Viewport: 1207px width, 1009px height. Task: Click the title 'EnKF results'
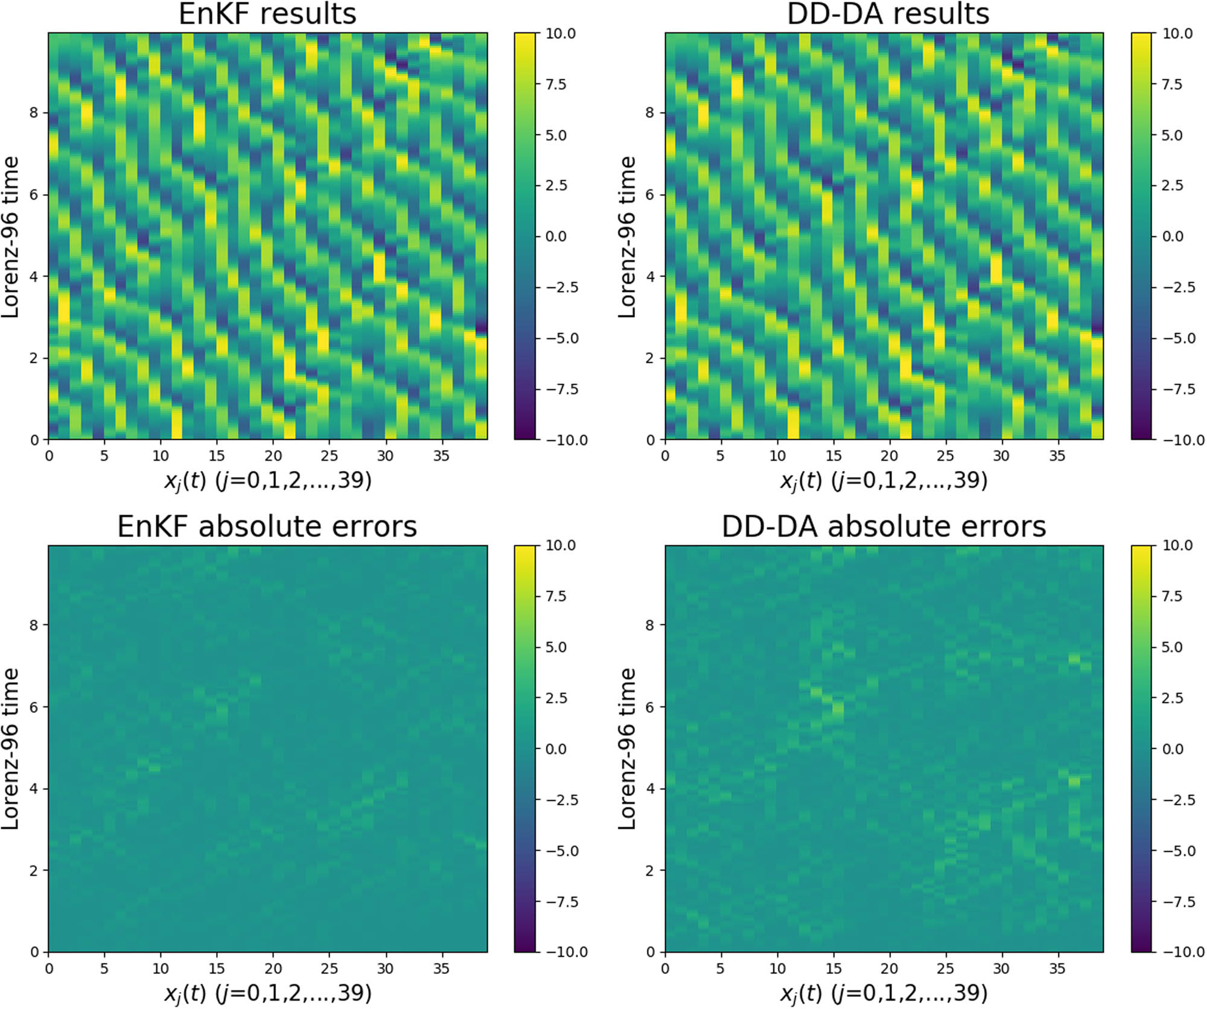[267, 14]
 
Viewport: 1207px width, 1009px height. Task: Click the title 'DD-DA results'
[888, 14]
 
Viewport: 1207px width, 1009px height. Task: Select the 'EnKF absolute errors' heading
[267, 527]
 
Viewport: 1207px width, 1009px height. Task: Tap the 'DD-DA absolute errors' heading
[884, 527]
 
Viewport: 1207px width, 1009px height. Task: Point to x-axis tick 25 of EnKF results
[329, 456]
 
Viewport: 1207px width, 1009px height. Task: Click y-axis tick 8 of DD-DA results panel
[649, 113]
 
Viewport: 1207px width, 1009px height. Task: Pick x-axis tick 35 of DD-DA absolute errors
[1057, 969]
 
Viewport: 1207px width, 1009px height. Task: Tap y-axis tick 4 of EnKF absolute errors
[34, 789]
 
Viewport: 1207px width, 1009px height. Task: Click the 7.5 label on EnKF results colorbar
[556, 84]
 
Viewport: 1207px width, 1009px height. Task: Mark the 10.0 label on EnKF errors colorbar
[561, 545]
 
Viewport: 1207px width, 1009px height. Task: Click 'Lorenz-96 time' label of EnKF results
[11, 236]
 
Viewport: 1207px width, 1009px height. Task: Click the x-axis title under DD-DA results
[884, 481]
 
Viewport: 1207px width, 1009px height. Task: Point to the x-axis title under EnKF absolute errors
[267, 993]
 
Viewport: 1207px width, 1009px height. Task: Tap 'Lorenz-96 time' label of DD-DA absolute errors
[628, 749]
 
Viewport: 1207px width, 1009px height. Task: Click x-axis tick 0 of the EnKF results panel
[49, 456]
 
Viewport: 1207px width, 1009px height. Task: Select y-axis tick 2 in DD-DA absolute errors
[649, 871]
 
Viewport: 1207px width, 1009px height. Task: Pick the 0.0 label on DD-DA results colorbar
[1173, 236]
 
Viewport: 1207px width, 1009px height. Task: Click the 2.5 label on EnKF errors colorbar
[556, 698]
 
